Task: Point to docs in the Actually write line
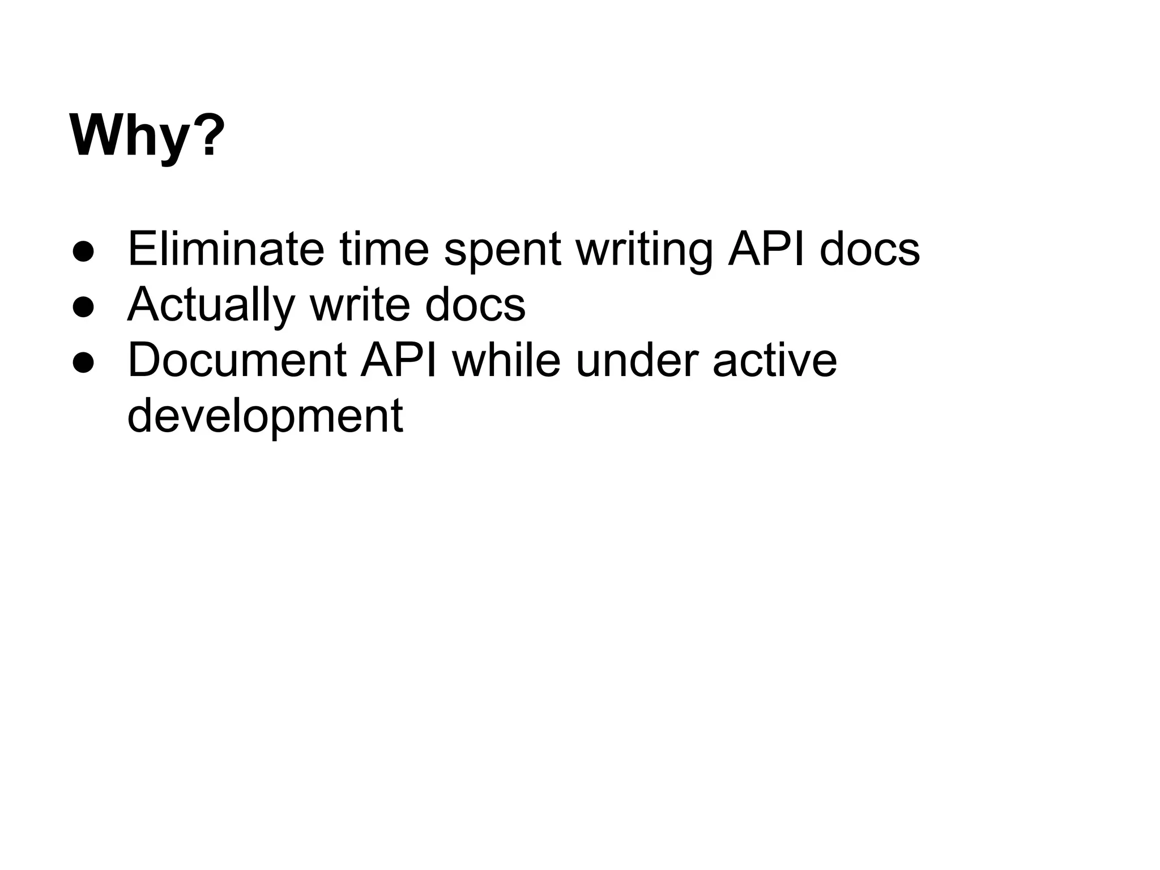(x=475, y=305)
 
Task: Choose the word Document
(x=237, y=360)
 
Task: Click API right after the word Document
(x=399, y=360)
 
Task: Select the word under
(x=637, y=360)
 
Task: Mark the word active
(x=774, y=360)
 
